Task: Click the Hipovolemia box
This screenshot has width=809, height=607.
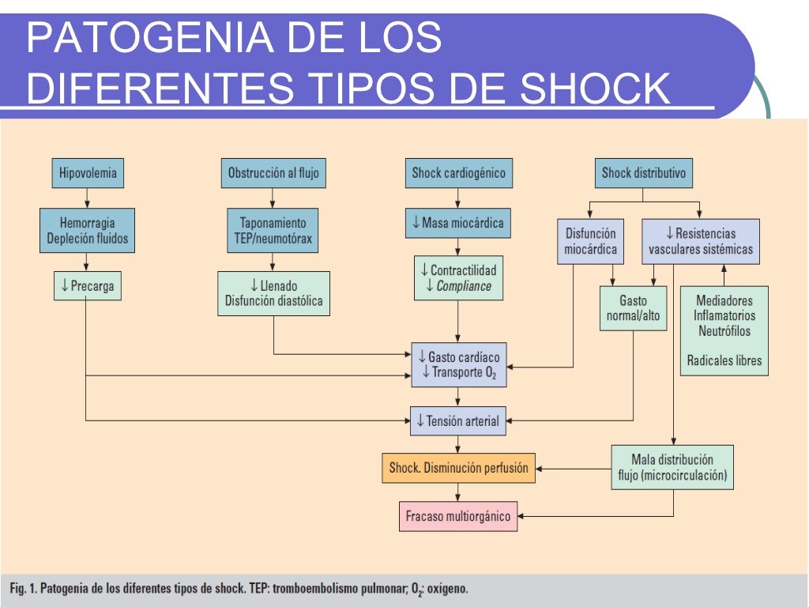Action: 88,173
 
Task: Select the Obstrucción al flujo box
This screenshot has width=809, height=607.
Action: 273,173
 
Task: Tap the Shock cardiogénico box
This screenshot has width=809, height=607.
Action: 458,173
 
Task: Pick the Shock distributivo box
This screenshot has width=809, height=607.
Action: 644,173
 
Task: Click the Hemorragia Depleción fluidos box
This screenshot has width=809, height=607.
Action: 87,231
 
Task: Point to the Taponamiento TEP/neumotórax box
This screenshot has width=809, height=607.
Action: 273,231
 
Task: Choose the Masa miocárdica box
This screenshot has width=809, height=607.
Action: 458,223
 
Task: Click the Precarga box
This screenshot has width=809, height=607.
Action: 88,286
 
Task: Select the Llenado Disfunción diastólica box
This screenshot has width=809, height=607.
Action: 273,292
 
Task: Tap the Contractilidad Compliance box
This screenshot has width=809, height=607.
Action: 458,278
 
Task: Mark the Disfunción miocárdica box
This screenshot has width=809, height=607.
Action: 591,242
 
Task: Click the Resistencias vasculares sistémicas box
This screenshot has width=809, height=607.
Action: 701,242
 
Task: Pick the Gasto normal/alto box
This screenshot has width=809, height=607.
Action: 634,308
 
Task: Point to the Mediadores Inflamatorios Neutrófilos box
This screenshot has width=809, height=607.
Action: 724,330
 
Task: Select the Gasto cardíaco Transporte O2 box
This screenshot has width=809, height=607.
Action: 459,364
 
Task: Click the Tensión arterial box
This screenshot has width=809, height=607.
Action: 458,421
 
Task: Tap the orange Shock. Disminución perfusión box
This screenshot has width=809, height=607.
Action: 458,468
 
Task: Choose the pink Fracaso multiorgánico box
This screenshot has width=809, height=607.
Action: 458,517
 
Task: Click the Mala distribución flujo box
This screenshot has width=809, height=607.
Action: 672,468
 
